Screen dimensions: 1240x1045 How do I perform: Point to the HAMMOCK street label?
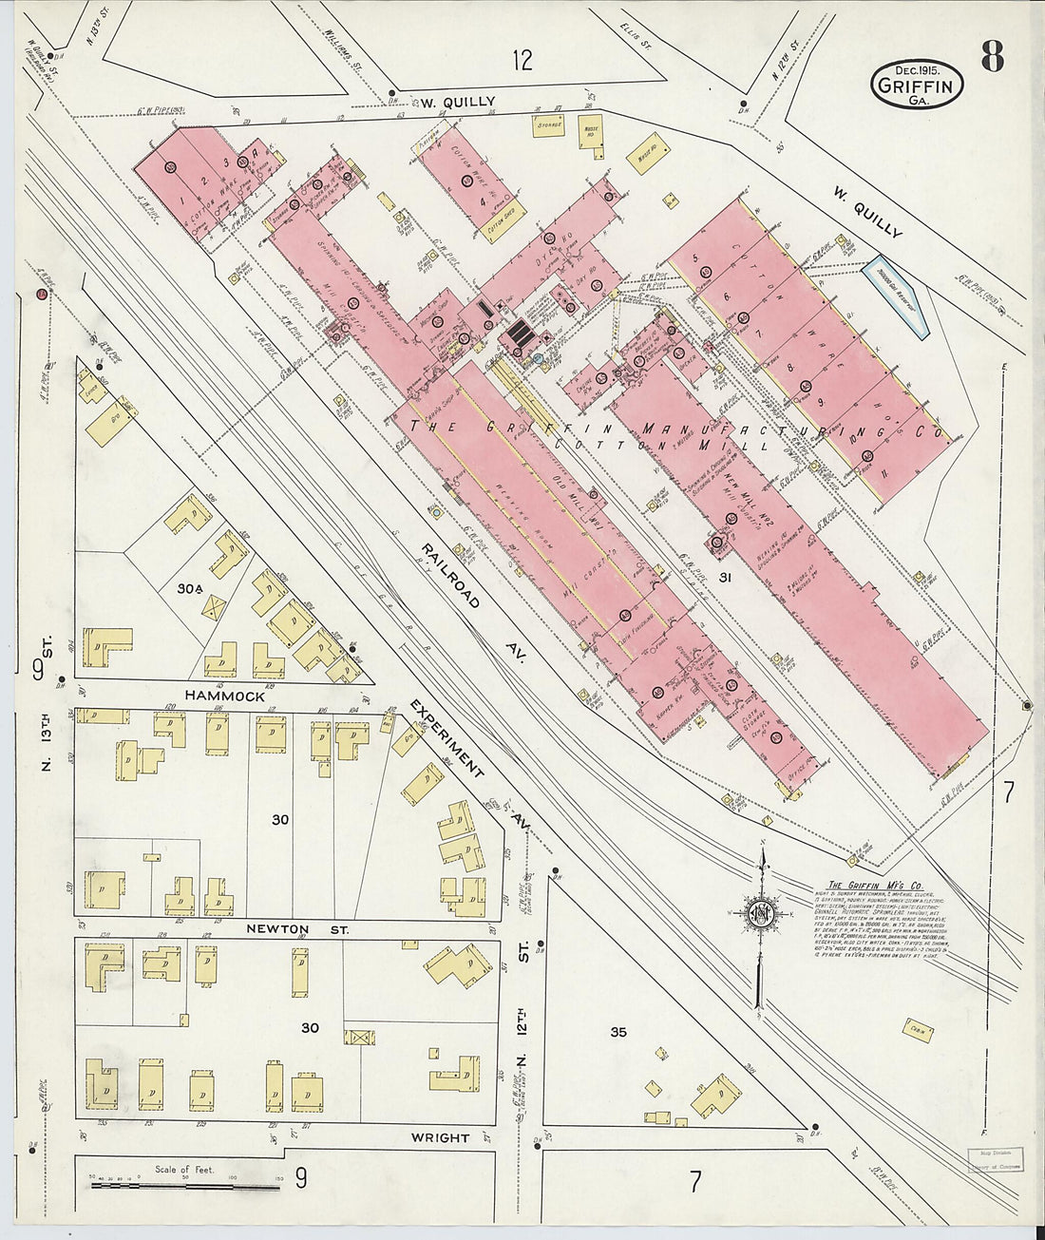tap(218, 696)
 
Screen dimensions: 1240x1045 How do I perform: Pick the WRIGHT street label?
tap(441, 1137)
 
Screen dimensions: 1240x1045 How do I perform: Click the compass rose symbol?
tap(761, 917)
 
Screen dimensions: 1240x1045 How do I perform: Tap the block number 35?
tap(619, 1032)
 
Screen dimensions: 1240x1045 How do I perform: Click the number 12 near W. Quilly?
tap(521, 62)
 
